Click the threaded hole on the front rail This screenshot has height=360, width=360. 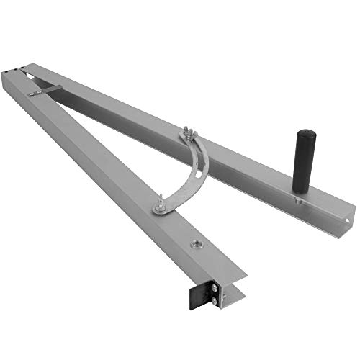195,246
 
